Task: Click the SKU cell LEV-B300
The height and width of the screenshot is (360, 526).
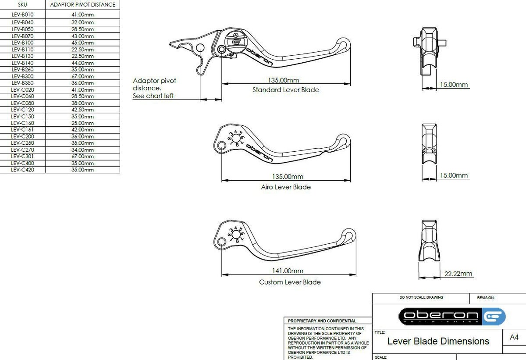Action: (x=22, y=76)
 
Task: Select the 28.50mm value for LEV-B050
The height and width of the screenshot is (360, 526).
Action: (x=83, y=29)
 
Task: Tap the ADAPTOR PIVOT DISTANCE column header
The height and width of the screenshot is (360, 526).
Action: (x=83, y=5)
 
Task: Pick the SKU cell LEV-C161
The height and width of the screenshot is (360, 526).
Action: (x=22, y=130)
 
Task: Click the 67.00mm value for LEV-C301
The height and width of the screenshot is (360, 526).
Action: (x=83, y=157)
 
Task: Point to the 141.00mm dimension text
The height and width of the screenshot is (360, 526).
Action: (x=288, y=271)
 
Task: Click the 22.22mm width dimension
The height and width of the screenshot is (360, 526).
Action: (x=458, y=274)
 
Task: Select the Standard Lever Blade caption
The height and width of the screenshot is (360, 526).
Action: (x=285, y=90)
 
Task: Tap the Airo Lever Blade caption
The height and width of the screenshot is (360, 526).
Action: (x=286, y=187)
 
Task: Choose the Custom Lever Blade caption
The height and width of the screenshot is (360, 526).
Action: (x=290, y=282)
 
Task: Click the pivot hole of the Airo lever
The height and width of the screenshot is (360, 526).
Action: (x=221, y=146)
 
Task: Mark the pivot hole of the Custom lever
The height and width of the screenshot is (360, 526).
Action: (x=221, y=242)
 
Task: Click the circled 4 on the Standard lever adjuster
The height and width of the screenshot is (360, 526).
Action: (x=236, y=36)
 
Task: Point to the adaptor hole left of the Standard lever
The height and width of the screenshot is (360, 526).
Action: (x=200, y=48)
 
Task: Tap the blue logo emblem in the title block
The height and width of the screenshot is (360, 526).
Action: (x=494, y=316)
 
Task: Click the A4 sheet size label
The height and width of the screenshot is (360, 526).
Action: (x=514, y=337)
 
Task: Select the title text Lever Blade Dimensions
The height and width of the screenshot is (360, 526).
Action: (x=438, y=341)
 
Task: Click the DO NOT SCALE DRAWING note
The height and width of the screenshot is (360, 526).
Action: (x=421, y=297)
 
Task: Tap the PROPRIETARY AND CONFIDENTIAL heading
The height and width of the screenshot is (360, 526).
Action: (x=322, y=321)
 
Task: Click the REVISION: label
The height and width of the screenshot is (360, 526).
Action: (x=486, y=298)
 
